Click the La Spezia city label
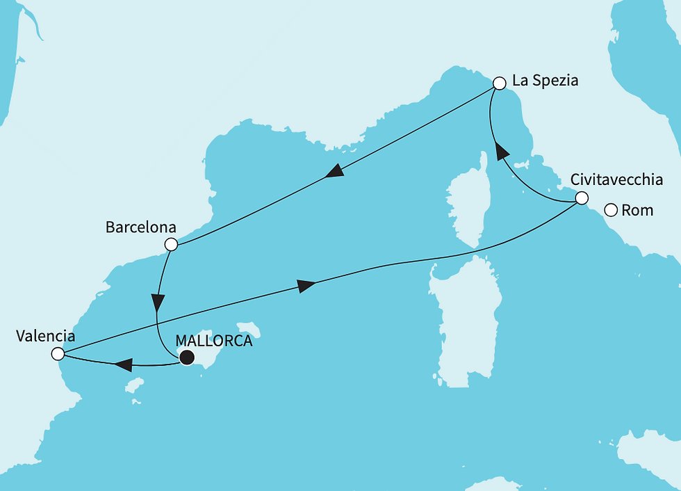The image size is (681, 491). click(545, 81)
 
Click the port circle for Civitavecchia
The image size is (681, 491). click(581, 199)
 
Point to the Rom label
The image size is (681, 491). click(637, 209)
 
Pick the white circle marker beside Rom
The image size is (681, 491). click(610, 209)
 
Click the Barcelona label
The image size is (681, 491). click(141, 227)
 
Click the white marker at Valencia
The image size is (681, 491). click(58, 355)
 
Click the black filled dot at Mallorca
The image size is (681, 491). click(186, 358)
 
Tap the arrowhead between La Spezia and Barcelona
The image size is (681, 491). click(334, 172)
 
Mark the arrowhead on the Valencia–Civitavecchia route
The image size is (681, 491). click(306, 285)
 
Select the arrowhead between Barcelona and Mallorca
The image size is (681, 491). click(158, 303)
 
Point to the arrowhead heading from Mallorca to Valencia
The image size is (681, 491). click(122, 364)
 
